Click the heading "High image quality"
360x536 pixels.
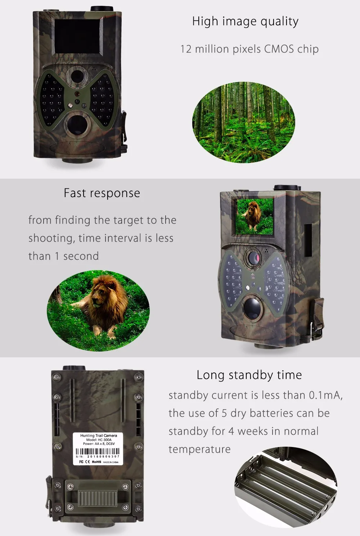(245, 22)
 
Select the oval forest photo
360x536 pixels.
(244, 122)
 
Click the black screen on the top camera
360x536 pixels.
(75, 35)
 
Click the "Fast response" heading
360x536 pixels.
(102, 193)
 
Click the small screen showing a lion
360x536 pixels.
(254, 215)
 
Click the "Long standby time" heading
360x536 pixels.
(249, 375)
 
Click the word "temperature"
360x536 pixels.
(199, 449)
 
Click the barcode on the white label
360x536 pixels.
(98, 452)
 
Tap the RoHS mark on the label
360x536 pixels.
(96, 462)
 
